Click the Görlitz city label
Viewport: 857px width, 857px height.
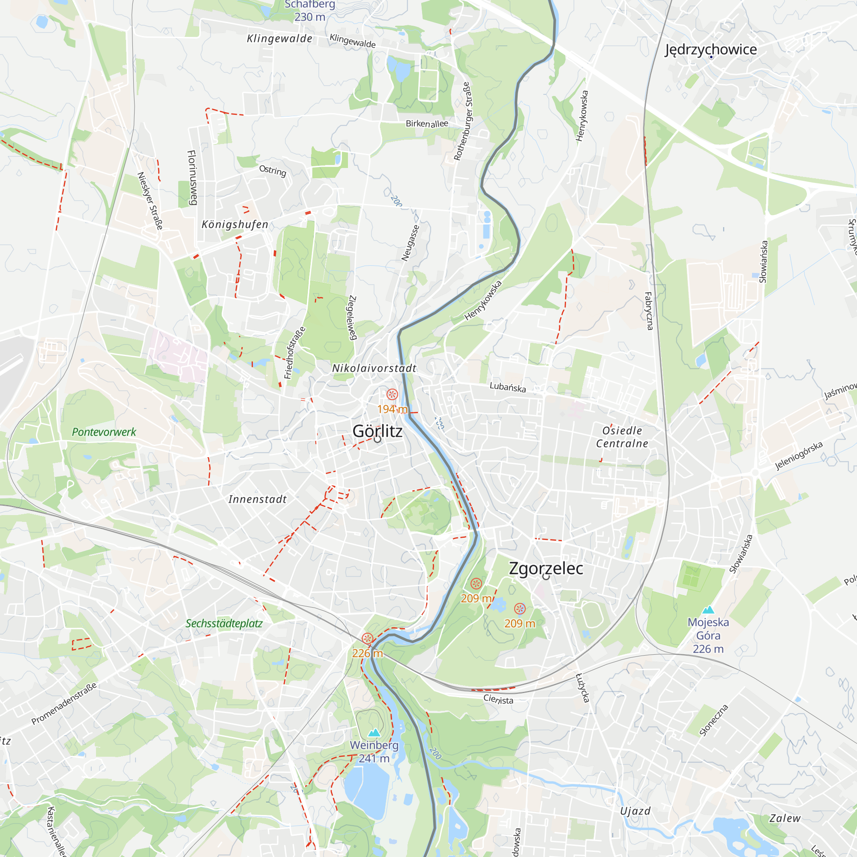[378, 431]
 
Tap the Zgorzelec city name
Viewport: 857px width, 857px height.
[545, 568]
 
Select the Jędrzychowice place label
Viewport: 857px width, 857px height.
[710, 49]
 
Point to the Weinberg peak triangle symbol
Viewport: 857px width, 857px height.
[375, 732]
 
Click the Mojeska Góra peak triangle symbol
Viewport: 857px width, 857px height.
[708, 609]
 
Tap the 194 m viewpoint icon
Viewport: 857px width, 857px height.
[392, 394]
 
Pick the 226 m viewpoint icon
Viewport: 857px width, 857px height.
[367, 639]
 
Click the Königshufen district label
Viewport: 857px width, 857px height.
[235, 225]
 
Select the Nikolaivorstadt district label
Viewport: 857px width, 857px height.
[375, 368]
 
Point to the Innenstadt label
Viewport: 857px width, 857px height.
[258, 500]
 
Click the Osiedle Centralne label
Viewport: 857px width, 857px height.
[622, 437]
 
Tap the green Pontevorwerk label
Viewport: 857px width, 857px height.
[104, 432]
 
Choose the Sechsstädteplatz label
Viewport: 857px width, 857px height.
[224, 623]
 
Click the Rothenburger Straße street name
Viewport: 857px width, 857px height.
[463, 121]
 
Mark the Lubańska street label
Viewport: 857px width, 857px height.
[507, 387]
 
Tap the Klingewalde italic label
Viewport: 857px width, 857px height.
[279, 39]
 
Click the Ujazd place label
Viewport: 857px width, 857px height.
[635, 811]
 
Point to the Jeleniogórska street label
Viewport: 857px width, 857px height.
[798, 455]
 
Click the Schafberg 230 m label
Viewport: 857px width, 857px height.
[310, 11]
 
